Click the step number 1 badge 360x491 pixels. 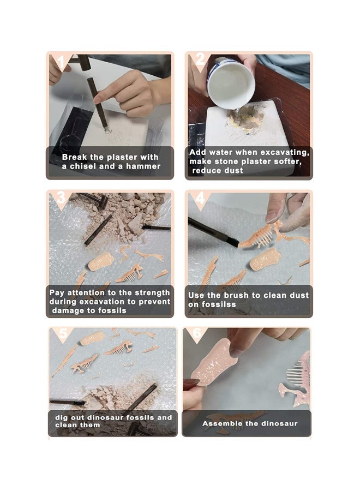click(61, 62)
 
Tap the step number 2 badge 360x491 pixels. click(200, 59)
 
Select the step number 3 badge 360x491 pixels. click(61, 197)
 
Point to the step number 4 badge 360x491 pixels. click(200, 198)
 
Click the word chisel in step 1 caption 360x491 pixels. click(83, 166)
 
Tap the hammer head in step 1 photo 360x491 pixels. click(84, 62)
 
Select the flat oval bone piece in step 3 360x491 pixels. click(101, 261)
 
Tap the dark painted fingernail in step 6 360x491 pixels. click(191, 383)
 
